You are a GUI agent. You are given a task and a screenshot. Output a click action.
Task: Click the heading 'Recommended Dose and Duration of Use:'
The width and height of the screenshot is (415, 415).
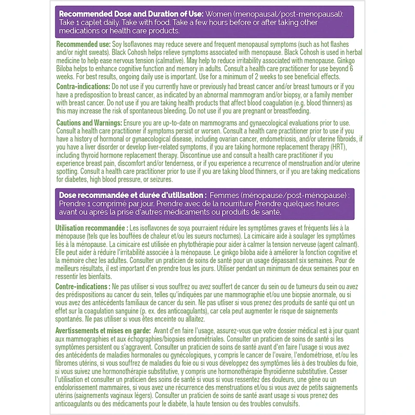pyautogui.click(x=132, y=13)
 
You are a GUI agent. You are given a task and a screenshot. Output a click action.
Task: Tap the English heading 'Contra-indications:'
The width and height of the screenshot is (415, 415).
pyautogui.click(x=83, y=86)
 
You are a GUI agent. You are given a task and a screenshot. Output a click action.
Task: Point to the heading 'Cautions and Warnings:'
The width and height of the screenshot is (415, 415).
pyautogui.click(x=89, y=122)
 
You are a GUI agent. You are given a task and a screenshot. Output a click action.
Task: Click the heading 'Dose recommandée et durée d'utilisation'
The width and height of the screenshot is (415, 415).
pyautogui.click(x=130, y=195)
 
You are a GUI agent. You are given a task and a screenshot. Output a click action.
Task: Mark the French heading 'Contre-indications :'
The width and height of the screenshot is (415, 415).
pyautogui.click(x=82, y=286)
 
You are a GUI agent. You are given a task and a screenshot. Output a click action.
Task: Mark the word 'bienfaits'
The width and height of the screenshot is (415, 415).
pyautogui.click(x=109, y=276)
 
